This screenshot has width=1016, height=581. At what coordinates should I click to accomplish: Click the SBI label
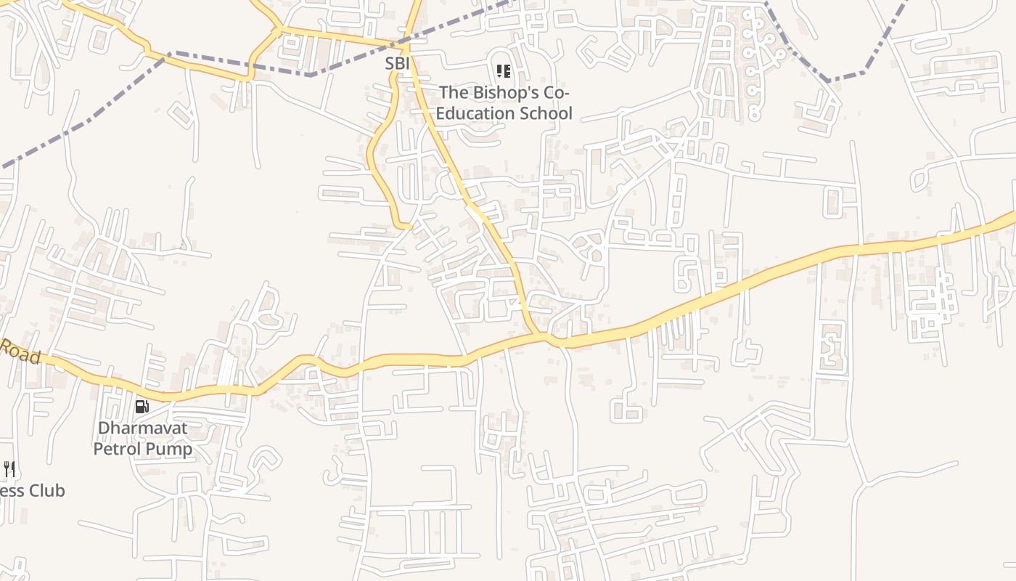(398, 64)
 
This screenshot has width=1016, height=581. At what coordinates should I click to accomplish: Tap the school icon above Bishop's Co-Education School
(503, 71)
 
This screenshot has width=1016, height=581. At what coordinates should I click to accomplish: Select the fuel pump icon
(142, 407)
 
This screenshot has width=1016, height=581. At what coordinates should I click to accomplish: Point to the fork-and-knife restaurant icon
(9, 469)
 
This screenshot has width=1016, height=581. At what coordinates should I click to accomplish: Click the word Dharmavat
(143, 428)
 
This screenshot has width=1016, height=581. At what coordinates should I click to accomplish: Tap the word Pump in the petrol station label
(170, 449)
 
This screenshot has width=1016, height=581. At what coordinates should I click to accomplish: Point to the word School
(549, 113)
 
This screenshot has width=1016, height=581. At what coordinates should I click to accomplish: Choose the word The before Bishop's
(454, 92)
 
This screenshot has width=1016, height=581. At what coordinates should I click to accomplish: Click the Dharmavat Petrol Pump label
(143, 438)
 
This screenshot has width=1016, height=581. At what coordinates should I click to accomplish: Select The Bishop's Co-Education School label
(504, 102)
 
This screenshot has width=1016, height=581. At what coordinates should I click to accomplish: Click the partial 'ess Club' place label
(32, 491)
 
